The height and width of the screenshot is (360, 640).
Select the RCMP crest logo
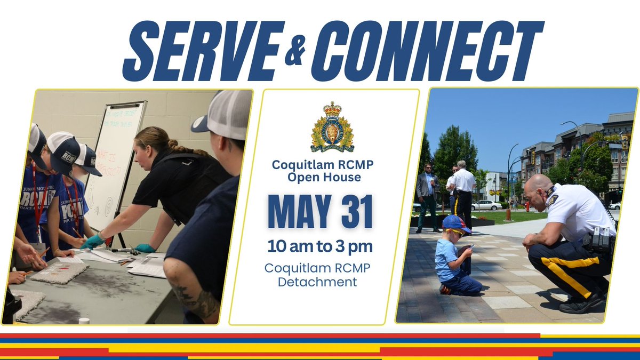coord(332,127)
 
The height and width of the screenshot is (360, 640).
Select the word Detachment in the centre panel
coord(317,282)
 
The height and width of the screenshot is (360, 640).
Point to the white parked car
coord(486,205)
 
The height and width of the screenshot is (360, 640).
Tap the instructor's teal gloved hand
coord(94,241)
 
